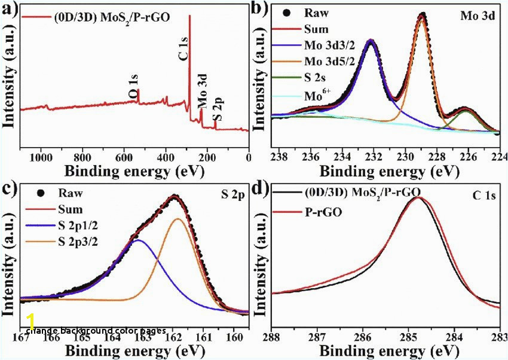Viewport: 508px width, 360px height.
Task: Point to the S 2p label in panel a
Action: [x=219, y=111]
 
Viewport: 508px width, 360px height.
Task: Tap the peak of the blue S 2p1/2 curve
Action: [x=138, y=240]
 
